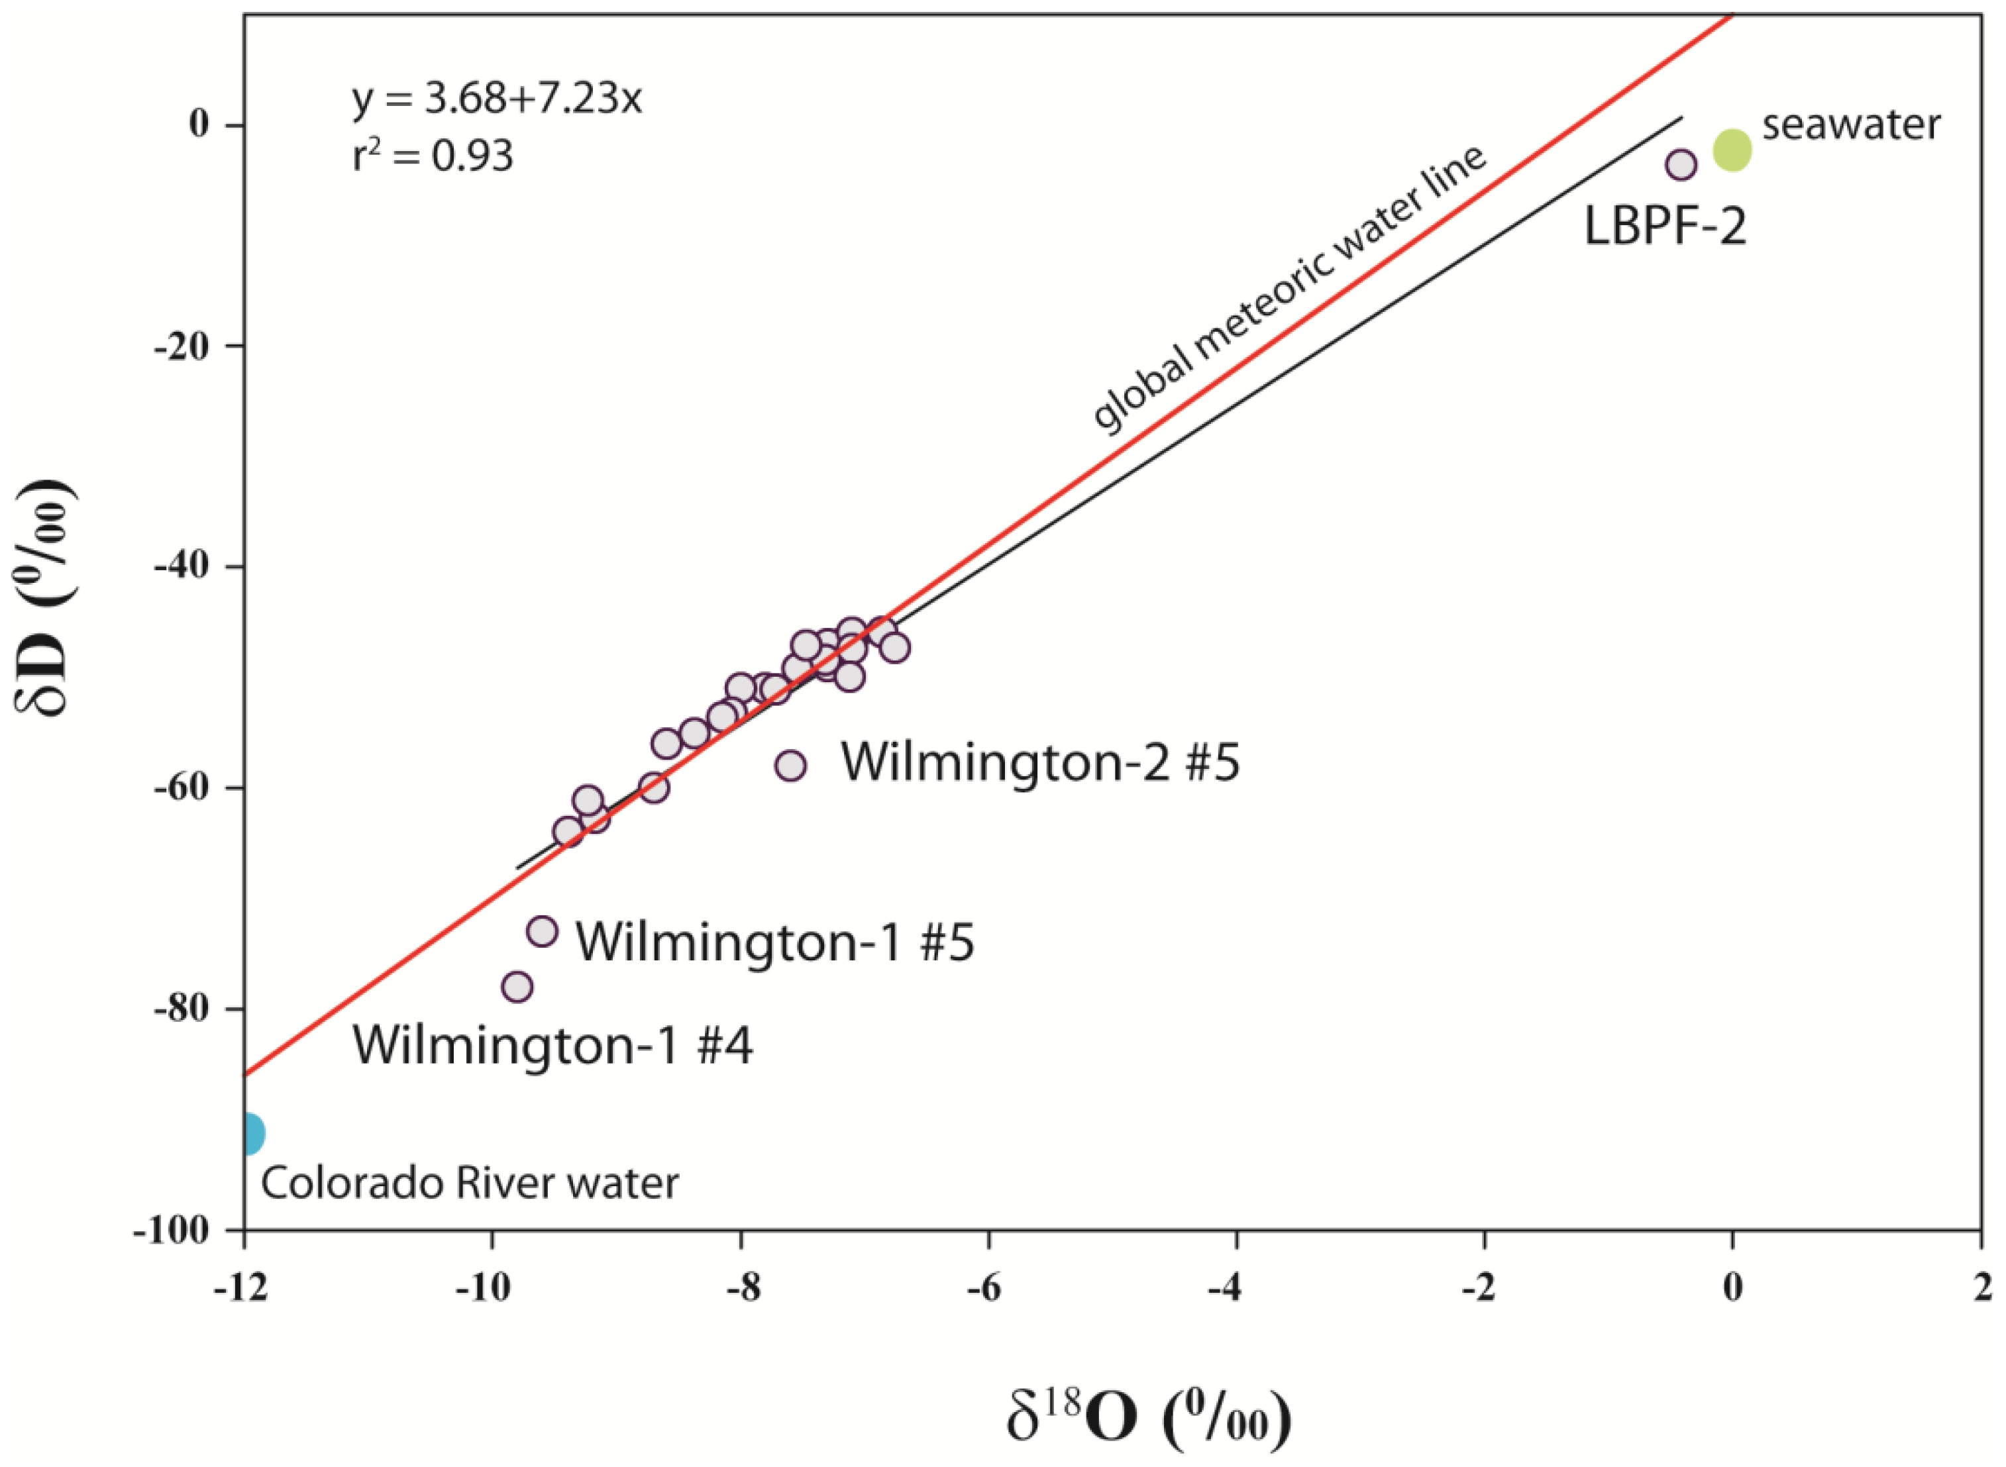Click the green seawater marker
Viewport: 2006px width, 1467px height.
(1732, 150)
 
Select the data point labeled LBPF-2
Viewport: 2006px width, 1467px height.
(1681, 164)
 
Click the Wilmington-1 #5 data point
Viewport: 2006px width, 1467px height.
(542, 931)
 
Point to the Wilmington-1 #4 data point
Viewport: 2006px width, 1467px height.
(517, 987)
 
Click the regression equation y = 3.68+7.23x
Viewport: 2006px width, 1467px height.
(496, 99)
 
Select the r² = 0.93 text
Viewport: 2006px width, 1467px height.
(433, 157)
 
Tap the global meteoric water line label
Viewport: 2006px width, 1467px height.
(1288, 286)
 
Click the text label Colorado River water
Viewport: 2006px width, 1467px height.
(470, 1184)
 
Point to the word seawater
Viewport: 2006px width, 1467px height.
(1852, 125)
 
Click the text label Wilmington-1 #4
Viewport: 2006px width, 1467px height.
(553, 1046)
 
